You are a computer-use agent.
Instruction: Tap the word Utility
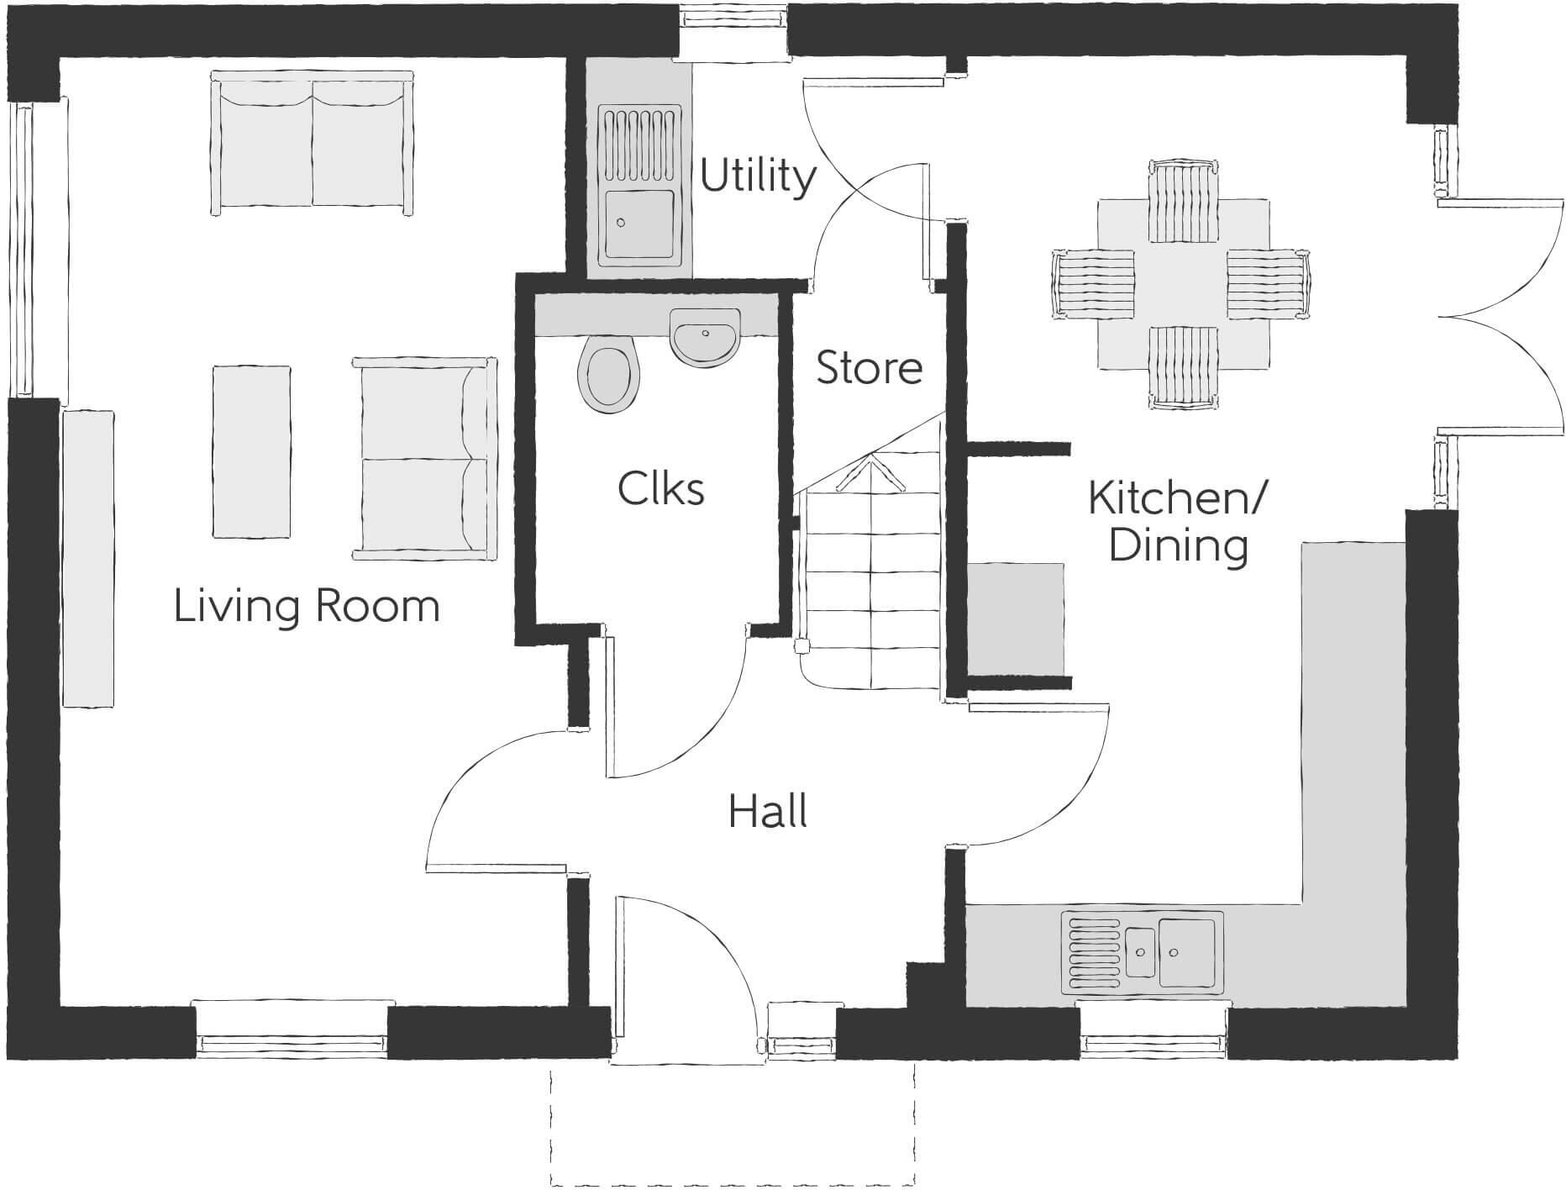coord(758,176)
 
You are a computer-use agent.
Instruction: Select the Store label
coord(869,368)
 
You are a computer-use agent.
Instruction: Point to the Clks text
coord(661,488)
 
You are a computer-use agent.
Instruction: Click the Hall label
coord(768,812)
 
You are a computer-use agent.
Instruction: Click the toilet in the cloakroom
coord(610,375)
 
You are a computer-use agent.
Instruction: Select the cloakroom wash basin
coord(705,336)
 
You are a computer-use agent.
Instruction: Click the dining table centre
coord(1183,284)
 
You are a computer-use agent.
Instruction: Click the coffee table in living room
coord(252,450)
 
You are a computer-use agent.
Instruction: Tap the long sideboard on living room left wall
coord(87,558)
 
